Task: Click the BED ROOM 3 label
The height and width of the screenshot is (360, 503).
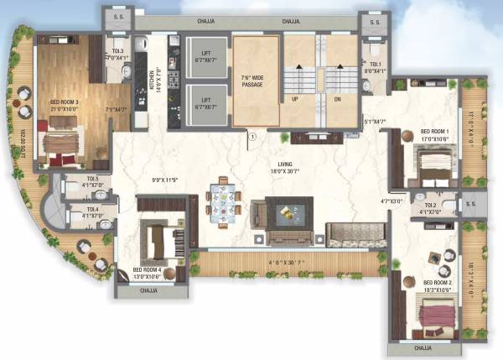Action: (65, 102)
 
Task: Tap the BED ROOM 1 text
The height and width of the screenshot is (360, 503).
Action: (434, 133)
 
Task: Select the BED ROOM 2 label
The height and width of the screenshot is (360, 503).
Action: (438, 284)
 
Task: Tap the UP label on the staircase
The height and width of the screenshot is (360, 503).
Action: (295, 98)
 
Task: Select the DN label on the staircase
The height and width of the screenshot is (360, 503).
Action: (337, 98)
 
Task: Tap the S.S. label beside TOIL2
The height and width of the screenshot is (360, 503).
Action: (469, 204)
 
